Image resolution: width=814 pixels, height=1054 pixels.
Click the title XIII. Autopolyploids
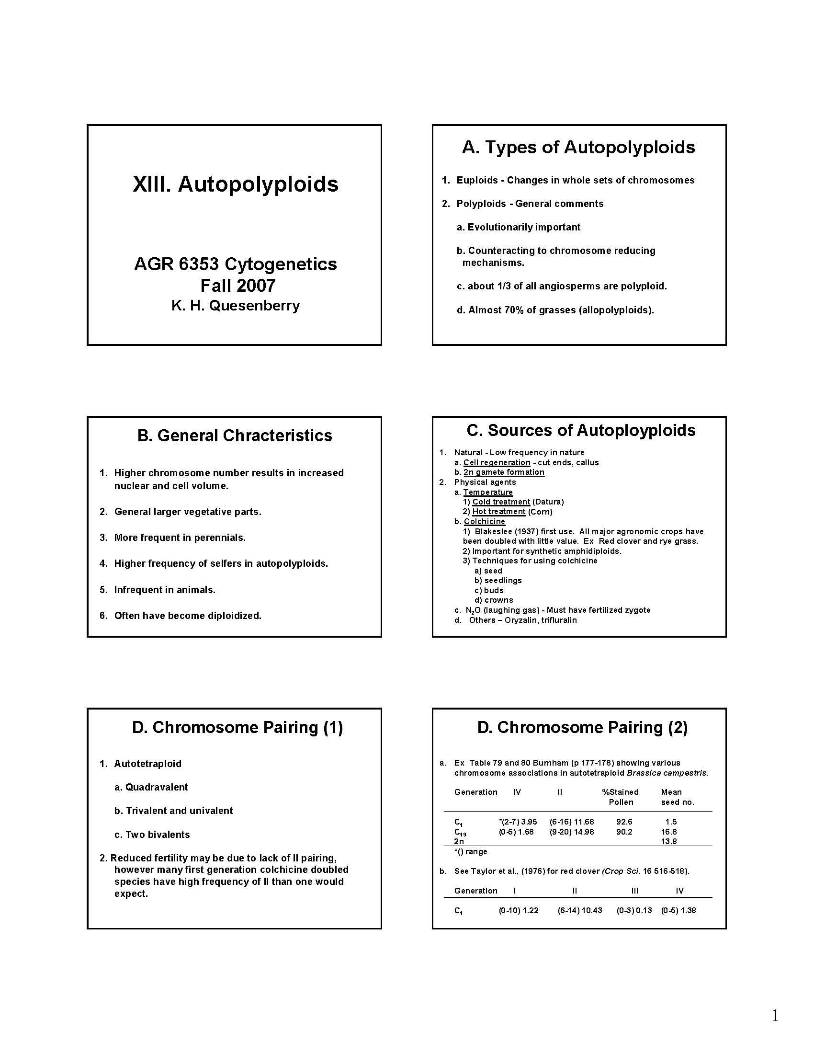tap(235, 184)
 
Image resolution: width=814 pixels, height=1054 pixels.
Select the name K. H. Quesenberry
tap(235, 306)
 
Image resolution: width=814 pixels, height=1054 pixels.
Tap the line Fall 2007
tap(238, 285)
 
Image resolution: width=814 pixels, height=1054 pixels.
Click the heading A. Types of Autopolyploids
tap(578, 147)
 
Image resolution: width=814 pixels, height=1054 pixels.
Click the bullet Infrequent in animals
tap(164, 590)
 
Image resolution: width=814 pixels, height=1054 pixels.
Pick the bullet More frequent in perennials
tap(180, 538)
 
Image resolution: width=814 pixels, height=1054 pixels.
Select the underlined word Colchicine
tap(484, 521)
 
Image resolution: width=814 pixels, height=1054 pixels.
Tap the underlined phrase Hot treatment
tap(498, 511)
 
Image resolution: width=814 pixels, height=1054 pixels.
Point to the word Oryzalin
tap(520, 620)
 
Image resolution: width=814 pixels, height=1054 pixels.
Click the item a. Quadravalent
tap(151, 787)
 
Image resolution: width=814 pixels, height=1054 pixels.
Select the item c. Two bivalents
tap(152, 835)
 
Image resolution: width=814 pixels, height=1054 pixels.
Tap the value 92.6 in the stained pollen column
tap(624, 821)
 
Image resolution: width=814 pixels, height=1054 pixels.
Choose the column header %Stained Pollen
tap(620, 797)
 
